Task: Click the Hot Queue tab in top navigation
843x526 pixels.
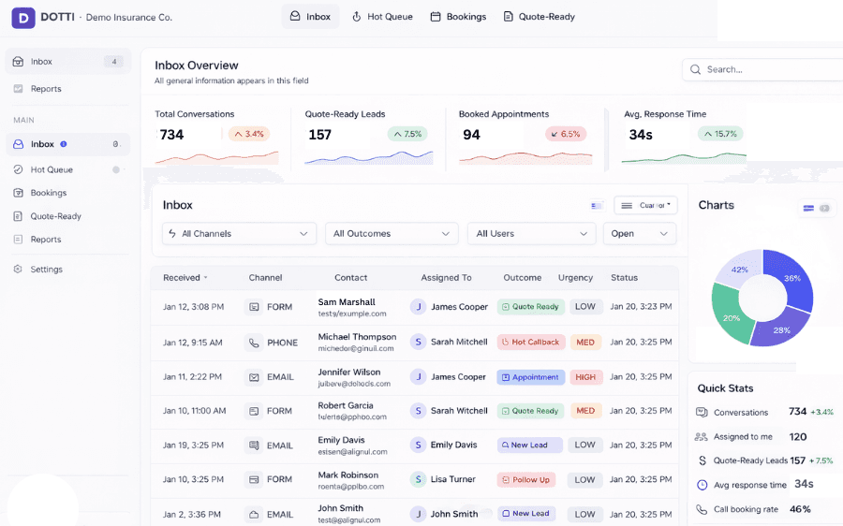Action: pyautogui.click(x=382, y=17)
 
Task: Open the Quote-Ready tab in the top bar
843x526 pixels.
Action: pyautogui.click(x=539, y=17)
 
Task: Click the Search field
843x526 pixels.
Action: pyautogui.click(x=763, y=69)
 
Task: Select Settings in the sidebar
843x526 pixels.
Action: pyautogui.click(x=46, y=270)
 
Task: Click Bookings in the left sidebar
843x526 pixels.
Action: pyautogui.click(x=48, y=193)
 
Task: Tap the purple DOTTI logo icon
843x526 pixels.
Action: pyautogui.click(x=23, y=17)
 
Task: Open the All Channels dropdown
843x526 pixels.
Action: pyautogui.click(x=239, y=234)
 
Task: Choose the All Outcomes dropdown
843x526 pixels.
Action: pyautogui.click(x=392, y=234)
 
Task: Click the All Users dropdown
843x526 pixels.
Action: pyautogui.click(x=531, y=234)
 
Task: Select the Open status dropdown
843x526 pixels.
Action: pyautogui.click(x=641, y=234)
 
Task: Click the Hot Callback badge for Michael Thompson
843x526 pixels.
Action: pyautogui.click(x=530, y=343)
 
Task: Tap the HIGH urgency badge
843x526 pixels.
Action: pyautogui.click(x=585, y=377)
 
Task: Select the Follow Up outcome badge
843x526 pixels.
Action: pyautogui.click(x=526, y=480)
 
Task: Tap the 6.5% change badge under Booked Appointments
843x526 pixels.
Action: pyautogui.click(x=566, y=135)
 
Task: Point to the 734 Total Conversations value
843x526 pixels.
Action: pyautogui.click(x=171, y=135)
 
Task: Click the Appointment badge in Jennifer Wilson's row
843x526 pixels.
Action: pyautogui.click(x=530, y=377)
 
